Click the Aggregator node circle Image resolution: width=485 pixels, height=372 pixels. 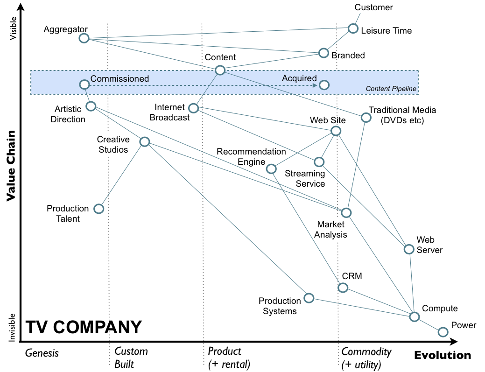point(84,38)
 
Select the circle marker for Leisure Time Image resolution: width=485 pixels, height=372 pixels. point(353,28)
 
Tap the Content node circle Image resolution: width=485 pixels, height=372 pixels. point(220,70)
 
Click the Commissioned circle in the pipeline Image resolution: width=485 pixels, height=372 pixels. point(84,84)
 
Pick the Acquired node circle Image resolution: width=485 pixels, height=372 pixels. point(324,85)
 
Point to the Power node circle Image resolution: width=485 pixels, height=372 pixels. point(443,332)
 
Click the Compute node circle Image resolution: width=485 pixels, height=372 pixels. point(414,316)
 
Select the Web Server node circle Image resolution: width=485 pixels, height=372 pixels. point(408,249)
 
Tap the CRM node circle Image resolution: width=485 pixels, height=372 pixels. point(343,287)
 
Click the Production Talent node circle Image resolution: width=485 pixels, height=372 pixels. point(98,209)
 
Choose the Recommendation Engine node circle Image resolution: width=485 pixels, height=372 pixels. point(271,168)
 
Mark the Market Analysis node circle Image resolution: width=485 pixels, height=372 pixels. point(346,212)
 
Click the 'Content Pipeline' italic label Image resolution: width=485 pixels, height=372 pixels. point(391,89)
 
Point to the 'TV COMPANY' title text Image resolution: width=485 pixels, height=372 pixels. point(83,327)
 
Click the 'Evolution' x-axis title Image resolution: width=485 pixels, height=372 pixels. point(443,355)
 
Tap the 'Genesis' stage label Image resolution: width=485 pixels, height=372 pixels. point(42,353)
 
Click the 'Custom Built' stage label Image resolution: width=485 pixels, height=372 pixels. point(131,358)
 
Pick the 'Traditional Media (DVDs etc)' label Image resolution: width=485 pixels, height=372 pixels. point(402,115)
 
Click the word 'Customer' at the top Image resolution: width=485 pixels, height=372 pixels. point(373,7)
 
